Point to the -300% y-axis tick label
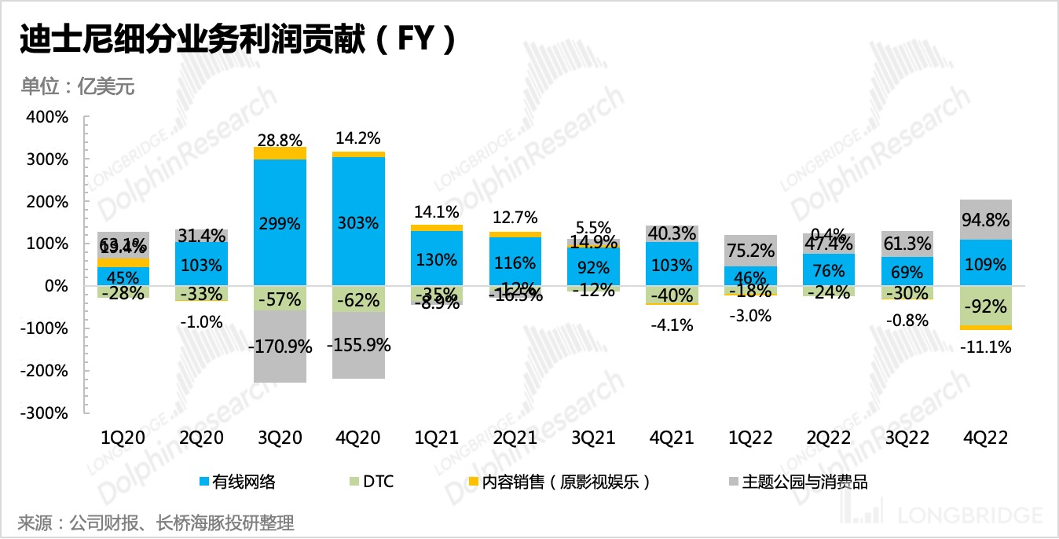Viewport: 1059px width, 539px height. pyautogui.click(x=46, y=412)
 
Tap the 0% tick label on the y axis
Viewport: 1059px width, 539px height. pyautogui.click(x=56, y=286)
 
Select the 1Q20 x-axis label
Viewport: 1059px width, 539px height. pyautogui.click(x=124, y=438)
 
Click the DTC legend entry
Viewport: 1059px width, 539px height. pyautogui.click(x=378, y=482)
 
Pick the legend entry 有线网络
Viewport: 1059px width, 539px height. pyautogui.click(x=243, y=482)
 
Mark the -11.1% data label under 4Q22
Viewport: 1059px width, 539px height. pyautogui.click(x=986, y=346)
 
